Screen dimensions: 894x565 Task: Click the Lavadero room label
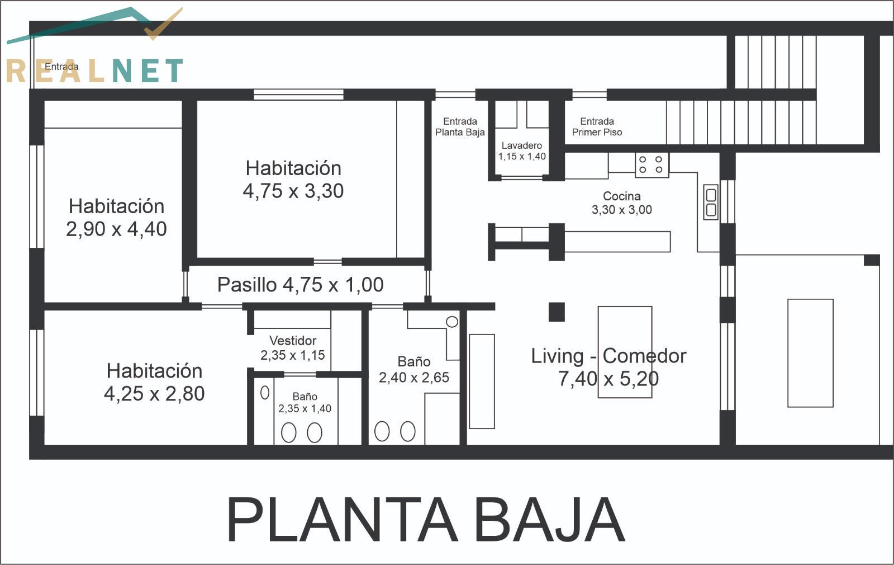click(x=522, y=150)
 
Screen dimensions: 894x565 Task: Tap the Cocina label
click(x=621, y=203)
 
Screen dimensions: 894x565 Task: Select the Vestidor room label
click(x=293, y=347)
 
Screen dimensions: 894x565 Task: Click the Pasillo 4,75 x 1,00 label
click(x=300, y=285)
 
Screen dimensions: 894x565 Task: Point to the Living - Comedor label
click(x=608, y=367)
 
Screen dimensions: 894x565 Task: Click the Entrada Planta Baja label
click(x=460, y=126)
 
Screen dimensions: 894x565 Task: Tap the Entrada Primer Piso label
click(x=597, y=126)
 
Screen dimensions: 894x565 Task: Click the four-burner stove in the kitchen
click(x=652, y=164)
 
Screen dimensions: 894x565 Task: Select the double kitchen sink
click(x=711, y=202)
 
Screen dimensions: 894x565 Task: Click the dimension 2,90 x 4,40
click(x=116, y=229)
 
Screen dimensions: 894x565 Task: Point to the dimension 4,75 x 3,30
click(x=293, y=191)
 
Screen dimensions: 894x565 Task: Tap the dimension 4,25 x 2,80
click(x=154, y=394)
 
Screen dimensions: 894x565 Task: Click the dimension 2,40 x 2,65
click(x=414, y=377)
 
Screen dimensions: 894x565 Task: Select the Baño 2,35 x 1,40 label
click(x=305, y=402)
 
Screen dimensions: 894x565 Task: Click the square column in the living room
click(x=557, y=312)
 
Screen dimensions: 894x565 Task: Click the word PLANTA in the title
click(x=341, y=520)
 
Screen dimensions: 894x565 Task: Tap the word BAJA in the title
click(x=550, y=520)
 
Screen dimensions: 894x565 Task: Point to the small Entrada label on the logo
click(x=61, y=67)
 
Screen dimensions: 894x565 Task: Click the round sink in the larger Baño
click(x=452, y=322)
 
